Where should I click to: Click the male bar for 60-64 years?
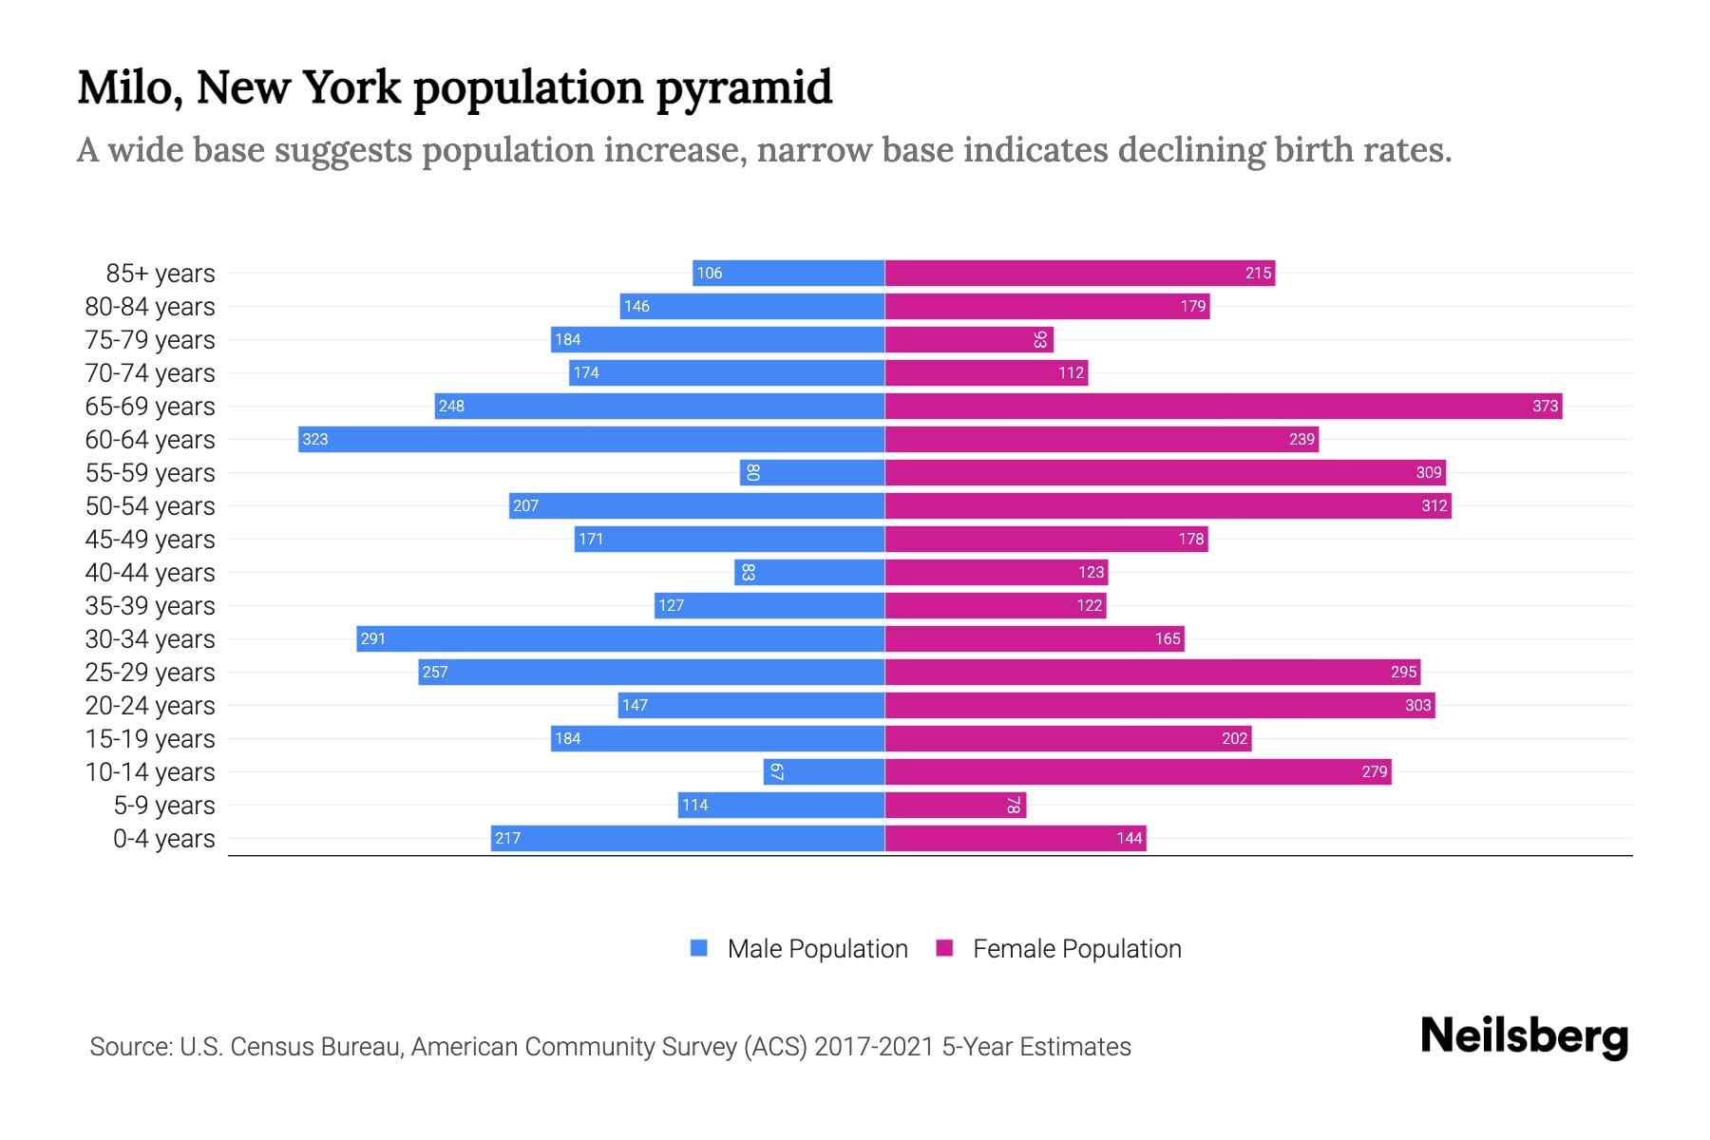click(591, 439)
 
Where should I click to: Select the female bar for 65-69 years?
click(1224, 406)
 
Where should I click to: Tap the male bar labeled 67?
click(824, 771)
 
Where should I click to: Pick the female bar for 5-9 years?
click(955, 805)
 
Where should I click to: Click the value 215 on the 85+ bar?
click(1258, 273)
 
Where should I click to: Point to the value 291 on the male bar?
click(373, 638)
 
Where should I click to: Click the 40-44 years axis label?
click(150, 573)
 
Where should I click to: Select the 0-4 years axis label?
click(163, 839)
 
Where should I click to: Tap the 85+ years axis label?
click(160, 274)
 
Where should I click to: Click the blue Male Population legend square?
click(699, 948)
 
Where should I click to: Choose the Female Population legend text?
click(1076, 949)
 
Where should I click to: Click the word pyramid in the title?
click(744, 87)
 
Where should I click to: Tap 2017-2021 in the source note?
click(873, 1047)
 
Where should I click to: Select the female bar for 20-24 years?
click(1160, 705)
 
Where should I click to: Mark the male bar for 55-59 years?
click(812, 472)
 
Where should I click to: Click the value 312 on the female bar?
click(1434, 505)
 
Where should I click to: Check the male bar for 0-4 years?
click(688, 838)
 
